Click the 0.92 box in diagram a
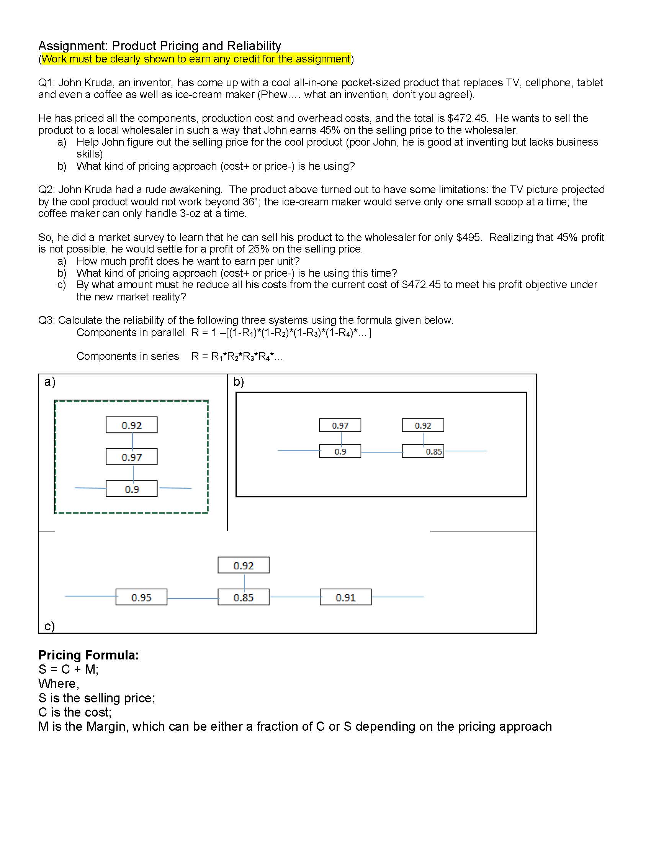click(131, 425)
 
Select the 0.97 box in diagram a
click(131, 457)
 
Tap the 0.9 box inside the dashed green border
click(131, 489)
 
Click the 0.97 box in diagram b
click(340, 425)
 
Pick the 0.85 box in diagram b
click(423, 451)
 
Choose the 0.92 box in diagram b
click(423, 425)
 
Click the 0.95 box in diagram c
click(141, 597)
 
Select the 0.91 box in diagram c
click(345, 597)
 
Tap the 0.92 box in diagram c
click(243, 566)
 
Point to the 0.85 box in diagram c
click(243, 597)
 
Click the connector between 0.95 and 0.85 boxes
click(193, 599)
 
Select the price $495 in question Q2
click(468, 238)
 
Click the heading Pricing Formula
click(88, 655)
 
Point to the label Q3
click(46, 320)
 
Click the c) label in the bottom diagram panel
click(49, 626)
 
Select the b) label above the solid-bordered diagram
click(238, 382)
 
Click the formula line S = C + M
click(68, 669)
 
